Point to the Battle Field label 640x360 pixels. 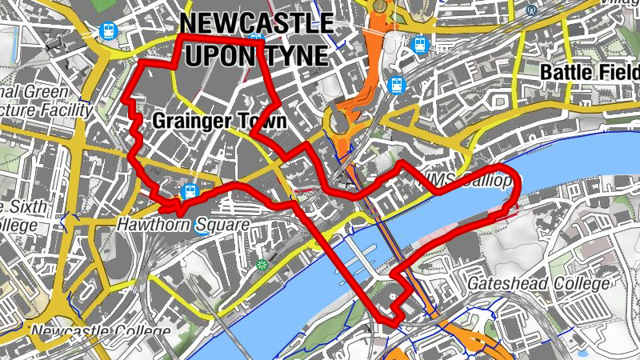pos(590,72)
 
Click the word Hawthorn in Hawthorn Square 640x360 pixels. pos(152,225)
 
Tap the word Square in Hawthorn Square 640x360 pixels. pos(220,225)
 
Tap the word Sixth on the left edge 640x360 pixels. pos(27,207)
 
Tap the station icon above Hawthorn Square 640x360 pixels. pos(190,191)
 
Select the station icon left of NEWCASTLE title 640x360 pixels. pos(108,31)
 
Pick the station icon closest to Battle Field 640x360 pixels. pos(419,46)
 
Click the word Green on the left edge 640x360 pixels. pos(48,92)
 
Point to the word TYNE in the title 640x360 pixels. pos(294,55)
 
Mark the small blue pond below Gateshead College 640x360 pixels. pos(582,351)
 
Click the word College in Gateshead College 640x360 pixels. pos(582,284)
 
